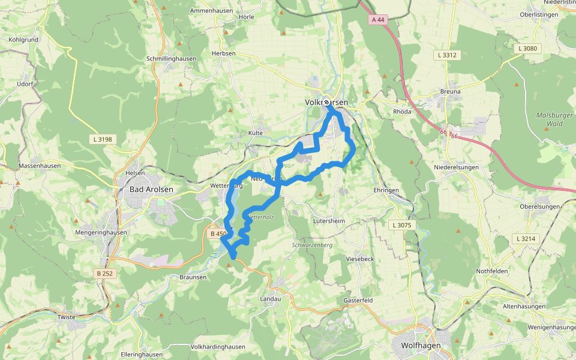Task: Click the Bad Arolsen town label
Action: tap(151, 190)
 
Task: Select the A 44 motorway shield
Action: tap(377, 19)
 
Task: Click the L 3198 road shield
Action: tap(103, 139)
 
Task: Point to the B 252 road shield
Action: tap(104, 274)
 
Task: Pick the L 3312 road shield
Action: tap(447, 55)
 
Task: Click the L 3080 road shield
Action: tap(528, 48)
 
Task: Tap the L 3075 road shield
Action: tap(401, 225)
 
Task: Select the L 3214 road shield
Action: tap(525, 239)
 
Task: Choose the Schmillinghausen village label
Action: tap(171, 59)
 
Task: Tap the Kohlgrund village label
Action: tap(23, 40)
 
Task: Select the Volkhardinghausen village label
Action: tap(218, 347)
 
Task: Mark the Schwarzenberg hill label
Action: tap(312, 245)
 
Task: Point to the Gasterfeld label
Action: tap(358, 299)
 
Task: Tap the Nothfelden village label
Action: tap(492, 271)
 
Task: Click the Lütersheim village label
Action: tap(329, 221)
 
